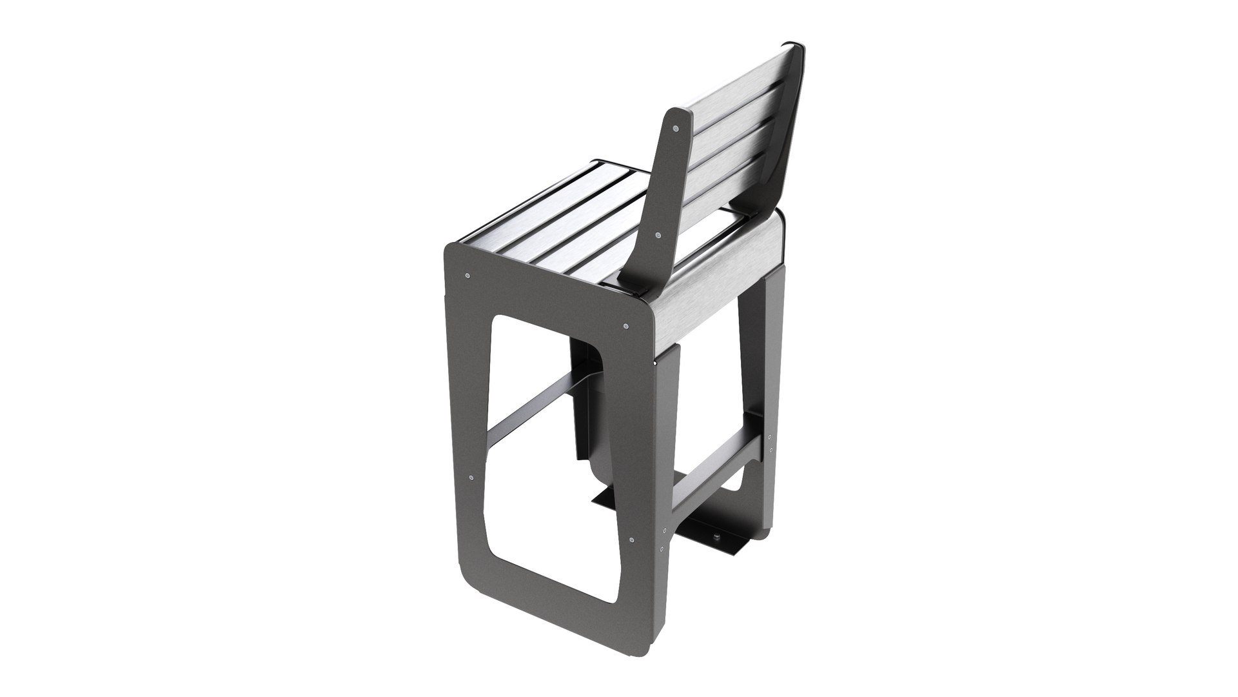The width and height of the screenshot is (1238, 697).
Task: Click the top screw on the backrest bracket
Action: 674,129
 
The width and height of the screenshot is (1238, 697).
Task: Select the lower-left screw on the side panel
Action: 472,478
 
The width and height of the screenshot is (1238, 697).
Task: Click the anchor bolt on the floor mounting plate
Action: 716,519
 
